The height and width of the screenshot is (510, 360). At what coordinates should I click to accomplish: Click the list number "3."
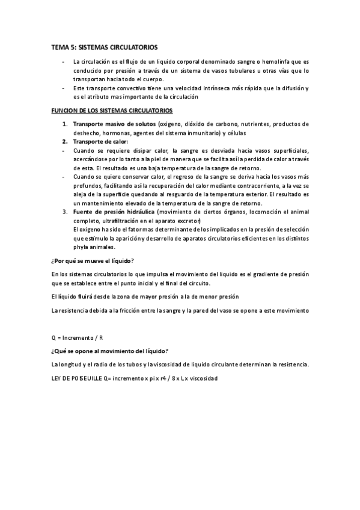point(66,212)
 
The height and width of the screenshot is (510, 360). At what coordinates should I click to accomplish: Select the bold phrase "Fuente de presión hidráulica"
point(114,212)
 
